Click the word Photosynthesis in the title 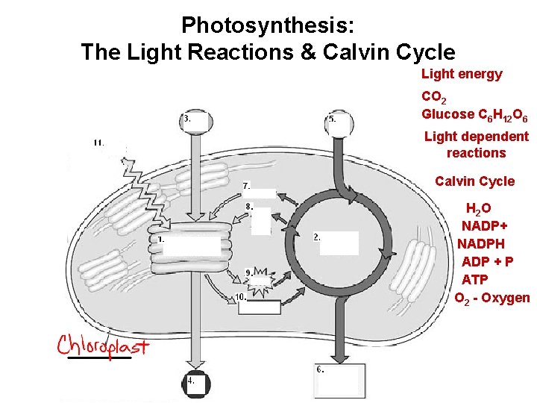point(268,25)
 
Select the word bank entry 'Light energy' point(462,74)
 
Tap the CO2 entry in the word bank point(433,97)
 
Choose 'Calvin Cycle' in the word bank point(474,181)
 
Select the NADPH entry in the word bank point(481,243)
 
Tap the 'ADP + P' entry point(487,261)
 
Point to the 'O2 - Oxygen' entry point(492,298)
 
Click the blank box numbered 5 point(338,125)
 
